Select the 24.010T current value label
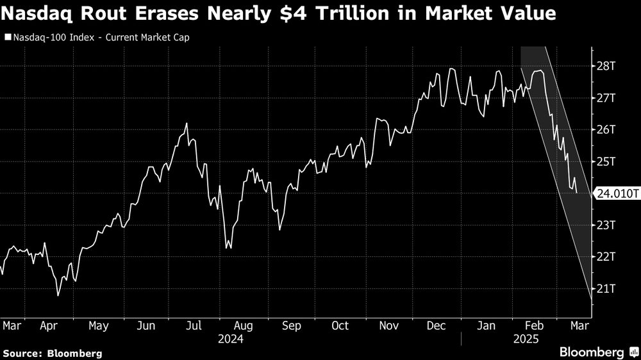click(617, 193)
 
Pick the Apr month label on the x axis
click(50, 325)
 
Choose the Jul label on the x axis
click(195, 325)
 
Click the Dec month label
click(437, 325)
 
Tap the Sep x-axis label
click(292, 325)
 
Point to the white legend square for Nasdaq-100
click(7, 37)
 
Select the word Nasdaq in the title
click(39, 13)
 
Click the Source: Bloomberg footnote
click(53, 353)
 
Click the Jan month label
click(486, 325)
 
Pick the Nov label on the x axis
click(388, 325)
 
